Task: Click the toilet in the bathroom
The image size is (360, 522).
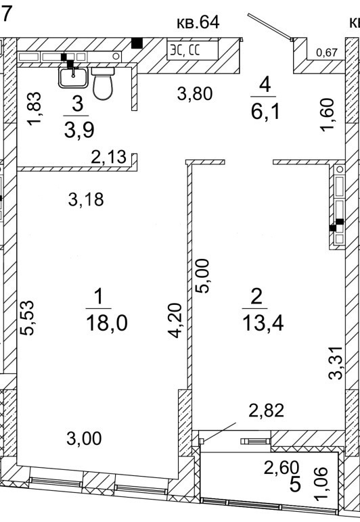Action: tap(103, 83)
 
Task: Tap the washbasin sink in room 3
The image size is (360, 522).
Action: tap(73, 76)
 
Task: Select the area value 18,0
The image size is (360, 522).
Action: tap(106, 323)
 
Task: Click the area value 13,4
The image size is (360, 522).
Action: tap(263, 323)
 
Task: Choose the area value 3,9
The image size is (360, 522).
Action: tap(79, 130)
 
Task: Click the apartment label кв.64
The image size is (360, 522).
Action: tap(198, 22)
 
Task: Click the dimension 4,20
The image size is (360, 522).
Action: tap(175, 320)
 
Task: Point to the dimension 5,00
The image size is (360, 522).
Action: tap(202, 276)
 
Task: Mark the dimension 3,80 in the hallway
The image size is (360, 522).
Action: tap(195, 94)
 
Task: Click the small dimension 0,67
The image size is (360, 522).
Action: tap(327, 53)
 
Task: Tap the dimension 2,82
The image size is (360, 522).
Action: tap(267, 410)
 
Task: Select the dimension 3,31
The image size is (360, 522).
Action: tap(335, 362)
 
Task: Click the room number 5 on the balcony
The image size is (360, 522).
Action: tap(295, 485)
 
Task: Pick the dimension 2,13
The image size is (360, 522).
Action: tap(109, 157)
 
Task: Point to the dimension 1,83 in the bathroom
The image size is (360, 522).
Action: tap(35, 108)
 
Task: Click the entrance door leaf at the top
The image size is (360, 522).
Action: tap(270, 26)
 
